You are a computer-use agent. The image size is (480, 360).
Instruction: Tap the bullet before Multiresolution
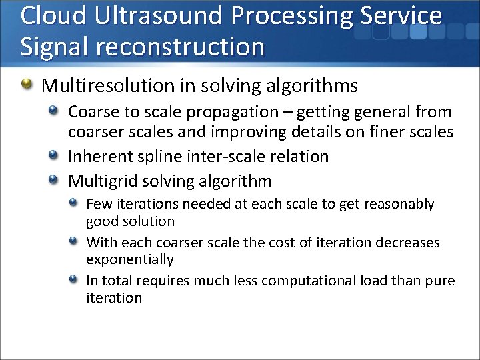27,85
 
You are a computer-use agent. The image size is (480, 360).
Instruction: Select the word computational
303,281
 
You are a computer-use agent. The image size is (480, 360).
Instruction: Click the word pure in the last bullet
439,281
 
